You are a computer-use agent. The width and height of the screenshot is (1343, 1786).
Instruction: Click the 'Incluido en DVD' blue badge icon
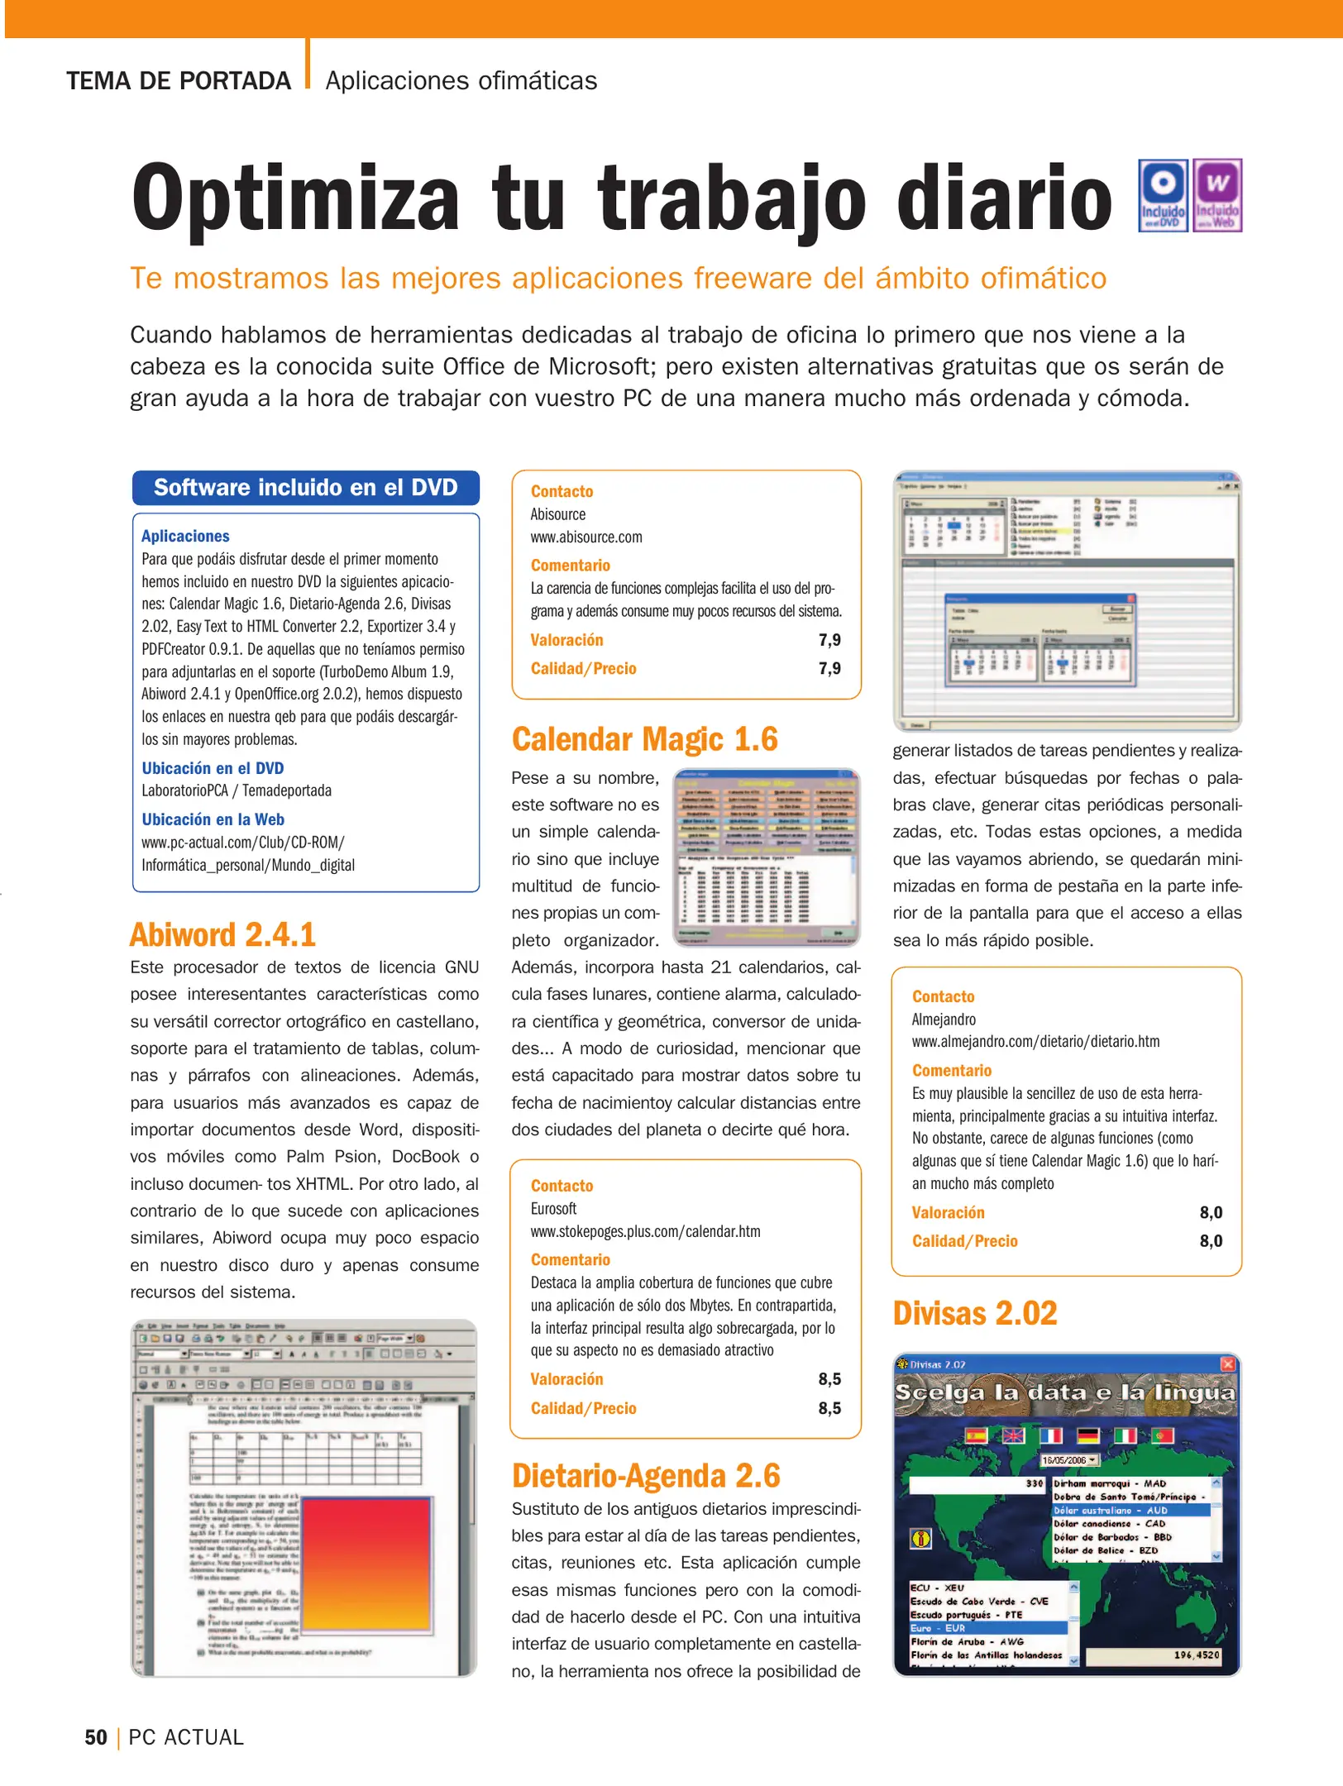[x=1163, y=195]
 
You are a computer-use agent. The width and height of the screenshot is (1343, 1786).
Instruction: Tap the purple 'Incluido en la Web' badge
[x=1217, y=195]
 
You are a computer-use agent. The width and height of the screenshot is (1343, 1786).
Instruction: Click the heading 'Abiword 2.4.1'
[x=222, y=935]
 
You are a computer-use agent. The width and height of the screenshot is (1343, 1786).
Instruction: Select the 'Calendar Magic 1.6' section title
[x=644, y=739]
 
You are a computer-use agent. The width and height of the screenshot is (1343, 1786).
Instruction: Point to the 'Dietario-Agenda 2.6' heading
[x=645, y=1476]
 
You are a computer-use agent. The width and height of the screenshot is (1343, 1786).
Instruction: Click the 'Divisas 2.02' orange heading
[x=974, y=1313]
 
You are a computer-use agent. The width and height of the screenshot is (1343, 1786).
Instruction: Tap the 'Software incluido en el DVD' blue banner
[x=305, y=487]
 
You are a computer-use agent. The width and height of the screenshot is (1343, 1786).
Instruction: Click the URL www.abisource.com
[x=585, y=537]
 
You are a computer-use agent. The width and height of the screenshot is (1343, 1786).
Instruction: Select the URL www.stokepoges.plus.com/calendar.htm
[x=645, y=1231]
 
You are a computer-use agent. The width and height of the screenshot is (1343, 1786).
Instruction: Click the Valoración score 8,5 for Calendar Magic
[x=829, y=1379]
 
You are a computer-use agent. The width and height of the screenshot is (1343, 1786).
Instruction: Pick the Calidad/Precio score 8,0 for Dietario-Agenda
[x=1211, y=1241]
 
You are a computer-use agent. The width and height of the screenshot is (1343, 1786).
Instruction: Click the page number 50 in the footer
[x=96, y=1737]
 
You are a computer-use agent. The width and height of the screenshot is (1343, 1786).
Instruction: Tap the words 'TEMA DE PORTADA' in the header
[x=179, y=81]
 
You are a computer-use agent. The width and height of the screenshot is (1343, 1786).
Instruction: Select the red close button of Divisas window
[x=1228, y=1364]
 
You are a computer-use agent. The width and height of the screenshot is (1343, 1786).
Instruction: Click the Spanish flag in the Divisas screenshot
[x=977, y=1435]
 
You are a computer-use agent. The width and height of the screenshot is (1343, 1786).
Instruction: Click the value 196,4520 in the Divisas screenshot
[x=1196, y=1655]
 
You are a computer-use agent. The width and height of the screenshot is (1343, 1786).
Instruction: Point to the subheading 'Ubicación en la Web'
[x=213, y=819]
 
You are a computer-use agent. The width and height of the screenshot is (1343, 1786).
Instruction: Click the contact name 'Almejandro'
[x=944, y=1020]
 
